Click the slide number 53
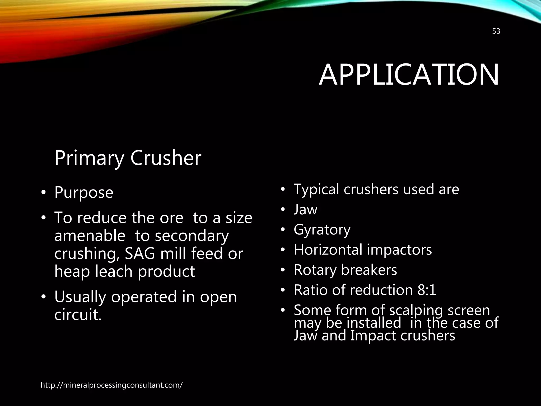point(496,31)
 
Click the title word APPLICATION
point(409,75)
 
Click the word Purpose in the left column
point(84,192)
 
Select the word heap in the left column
point(72,271)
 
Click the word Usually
point(80,297)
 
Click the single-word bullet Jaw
point(305,210)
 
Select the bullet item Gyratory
point(322,230)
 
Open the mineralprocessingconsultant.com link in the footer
point(111,385)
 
